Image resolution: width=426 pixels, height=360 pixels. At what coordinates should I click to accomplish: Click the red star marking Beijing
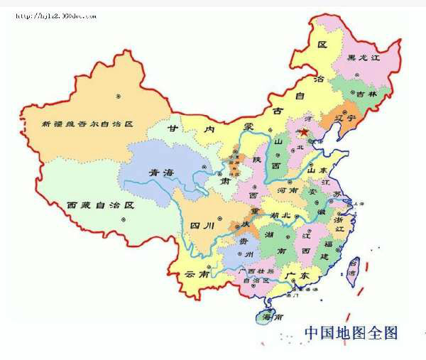point(304,132)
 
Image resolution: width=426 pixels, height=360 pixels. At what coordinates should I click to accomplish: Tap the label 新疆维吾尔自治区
point(87,124)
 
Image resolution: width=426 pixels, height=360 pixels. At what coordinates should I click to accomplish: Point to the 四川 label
point(202,226)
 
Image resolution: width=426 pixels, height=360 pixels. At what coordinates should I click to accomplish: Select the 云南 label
point(197,273)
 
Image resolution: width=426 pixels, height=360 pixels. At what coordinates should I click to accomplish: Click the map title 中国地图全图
point(351,332)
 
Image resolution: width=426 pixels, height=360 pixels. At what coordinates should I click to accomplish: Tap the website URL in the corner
point(55,16)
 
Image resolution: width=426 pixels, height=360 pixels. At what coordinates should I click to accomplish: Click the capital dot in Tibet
point(123,219)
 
